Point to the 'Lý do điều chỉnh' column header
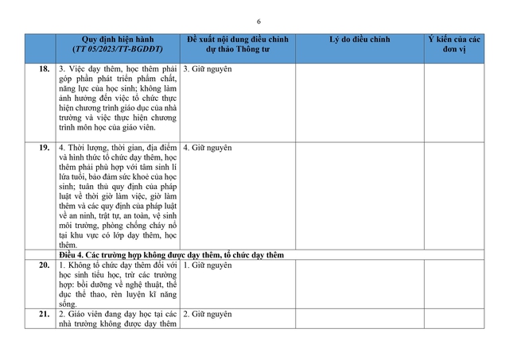tap(359, 40)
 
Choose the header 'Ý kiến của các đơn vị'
tap(454, 45)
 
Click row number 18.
tap(45, 69)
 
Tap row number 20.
tap(45, 265)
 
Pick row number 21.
tap(45, 314)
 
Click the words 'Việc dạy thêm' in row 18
tap(98, 69)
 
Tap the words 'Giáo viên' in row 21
tap(91, 314)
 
